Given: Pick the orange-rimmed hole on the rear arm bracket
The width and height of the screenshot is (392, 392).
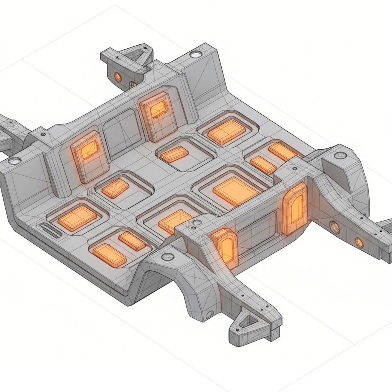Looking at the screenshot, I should coord(118,77).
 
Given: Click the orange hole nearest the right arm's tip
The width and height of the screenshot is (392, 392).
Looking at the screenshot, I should coord(359,242).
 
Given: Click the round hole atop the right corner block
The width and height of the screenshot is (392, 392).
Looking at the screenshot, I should coord(340,155).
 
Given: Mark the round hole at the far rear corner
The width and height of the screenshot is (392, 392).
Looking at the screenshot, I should coord(195,55).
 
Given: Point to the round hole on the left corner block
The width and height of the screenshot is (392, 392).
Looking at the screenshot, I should coord(15,161).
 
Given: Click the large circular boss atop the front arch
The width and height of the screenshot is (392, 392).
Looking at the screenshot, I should coord(167,256).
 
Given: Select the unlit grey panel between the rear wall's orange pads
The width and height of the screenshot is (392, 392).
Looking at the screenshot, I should coord(119,128).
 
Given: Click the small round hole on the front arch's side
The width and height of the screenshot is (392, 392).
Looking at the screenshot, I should coord(209,314).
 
